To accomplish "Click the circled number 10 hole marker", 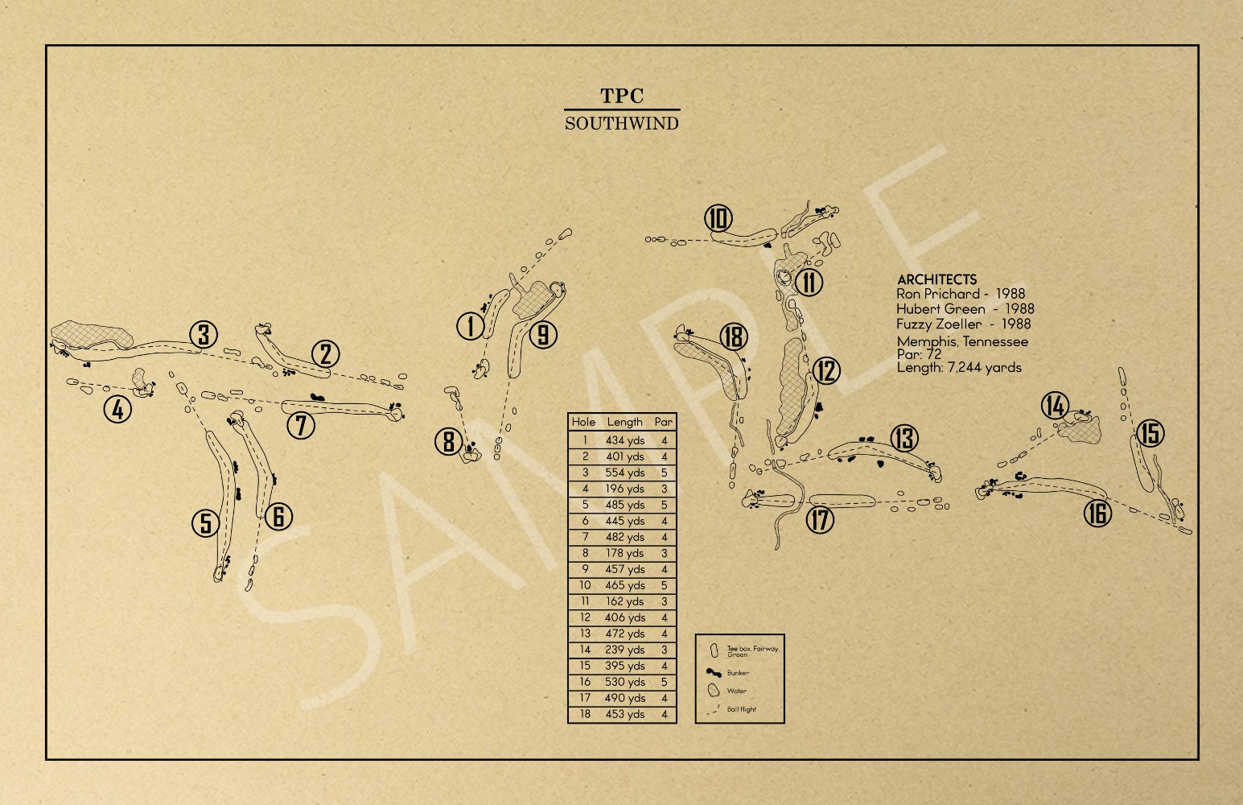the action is [x=718, y=218].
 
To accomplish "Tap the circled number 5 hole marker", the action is [x=206, y=523].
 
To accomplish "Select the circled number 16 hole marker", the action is [x=1097, y=513].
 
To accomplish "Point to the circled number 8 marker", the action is [x=448, y=441].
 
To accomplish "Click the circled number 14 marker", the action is [x=1055, y=405].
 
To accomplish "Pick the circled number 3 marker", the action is [x=204, y=335].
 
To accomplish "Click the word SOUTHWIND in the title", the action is [x=621, y=123].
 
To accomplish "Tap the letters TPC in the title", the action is [x=621, y=96].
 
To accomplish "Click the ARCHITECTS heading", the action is [x=936, y=279].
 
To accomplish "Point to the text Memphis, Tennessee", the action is [x=962, y=341].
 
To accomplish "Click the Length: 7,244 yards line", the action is [x=959, y=368].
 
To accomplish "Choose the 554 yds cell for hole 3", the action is [x=625, y=473].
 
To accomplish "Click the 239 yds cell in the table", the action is [x=625, y=650].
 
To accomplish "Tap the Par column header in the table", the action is [x=664, y=422].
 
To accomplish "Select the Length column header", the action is [x=625, y=422].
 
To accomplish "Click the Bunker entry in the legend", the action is [x=738, y=673].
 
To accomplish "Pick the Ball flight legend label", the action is [x=741, y=709].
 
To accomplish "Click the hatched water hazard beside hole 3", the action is [x=92, y=335].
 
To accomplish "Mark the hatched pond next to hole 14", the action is [x=1080, y=429].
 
